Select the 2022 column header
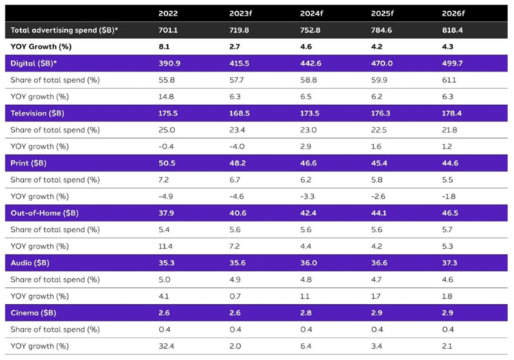(168, 13)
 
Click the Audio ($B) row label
(32, 263)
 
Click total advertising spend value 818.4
(454, 31)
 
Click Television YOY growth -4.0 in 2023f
(239, 147)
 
